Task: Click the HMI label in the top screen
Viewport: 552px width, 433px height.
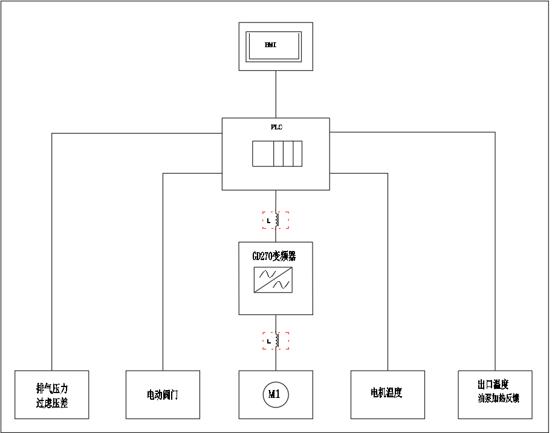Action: (x=270, y=45)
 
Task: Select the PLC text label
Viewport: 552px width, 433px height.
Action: (x=276, y=128)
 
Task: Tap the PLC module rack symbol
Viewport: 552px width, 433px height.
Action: (x=277, y=153)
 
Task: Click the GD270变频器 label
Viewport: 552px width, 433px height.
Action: (x=274, y=256)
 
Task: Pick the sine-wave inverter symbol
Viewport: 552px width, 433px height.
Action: (x=273, y=280)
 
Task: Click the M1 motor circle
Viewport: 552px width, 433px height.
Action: (x=276, y=395)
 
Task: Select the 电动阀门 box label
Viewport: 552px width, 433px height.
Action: (x=163, y=396)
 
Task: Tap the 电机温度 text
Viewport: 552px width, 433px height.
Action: (x=386, y=393)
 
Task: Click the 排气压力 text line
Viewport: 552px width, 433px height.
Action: (x=52, y=388)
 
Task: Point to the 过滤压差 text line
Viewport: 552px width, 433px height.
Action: (x=52, y=403)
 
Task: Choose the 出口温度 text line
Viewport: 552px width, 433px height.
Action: (x=493, y=385)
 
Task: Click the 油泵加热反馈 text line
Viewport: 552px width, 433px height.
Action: (x=499, y=399)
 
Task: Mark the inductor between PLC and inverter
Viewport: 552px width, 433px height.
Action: (x=276, y=220)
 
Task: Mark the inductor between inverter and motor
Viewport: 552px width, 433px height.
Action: (x=276, y=341)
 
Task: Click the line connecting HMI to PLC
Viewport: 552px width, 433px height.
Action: (x=276, y=94)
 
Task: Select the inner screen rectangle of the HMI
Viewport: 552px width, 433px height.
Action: (x=273, y=46)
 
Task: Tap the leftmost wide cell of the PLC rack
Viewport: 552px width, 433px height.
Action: (x=263, y=153)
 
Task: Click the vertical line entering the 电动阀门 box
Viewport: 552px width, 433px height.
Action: (x=163, y=272)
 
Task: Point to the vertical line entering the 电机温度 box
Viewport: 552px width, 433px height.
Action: (x=388, y=272)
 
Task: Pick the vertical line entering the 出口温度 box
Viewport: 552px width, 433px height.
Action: (x=495, y=254)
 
